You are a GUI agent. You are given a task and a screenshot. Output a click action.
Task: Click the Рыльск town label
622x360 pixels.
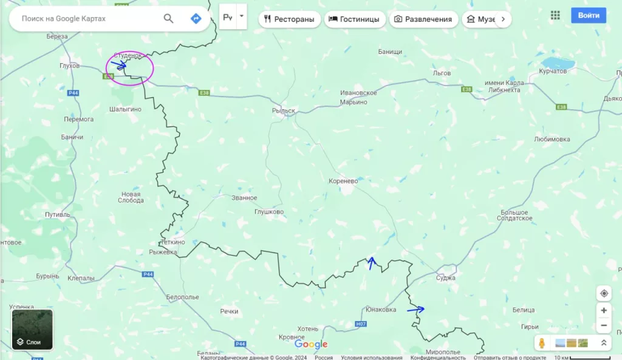point(284,111)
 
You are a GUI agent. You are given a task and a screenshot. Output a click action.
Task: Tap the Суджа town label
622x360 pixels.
point(446,277)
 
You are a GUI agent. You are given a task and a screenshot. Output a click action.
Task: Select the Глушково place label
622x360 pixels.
point(269,212)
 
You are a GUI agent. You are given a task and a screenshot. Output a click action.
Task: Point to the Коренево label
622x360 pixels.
point(343,181)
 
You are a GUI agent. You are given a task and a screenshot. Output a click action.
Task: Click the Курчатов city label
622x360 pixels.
point(553,72)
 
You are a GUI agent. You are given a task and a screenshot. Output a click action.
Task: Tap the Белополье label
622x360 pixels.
point(183,297)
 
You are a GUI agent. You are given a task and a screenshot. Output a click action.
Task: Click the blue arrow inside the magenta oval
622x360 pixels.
point(119,64)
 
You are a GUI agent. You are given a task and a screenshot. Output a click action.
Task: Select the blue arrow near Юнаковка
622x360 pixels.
point(416,310)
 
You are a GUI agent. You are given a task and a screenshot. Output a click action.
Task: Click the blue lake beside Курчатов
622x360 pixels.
point(558,63)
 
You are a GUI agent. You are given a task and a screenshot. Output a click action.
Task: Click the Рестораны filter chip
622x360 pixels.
point(289,19)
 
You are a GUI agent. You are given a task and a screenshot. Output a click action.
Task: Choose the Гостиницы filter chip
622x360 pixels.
point(354,19)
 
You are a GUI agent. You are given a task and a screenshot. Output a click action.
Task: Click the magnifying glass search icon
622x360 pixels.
point(169,18)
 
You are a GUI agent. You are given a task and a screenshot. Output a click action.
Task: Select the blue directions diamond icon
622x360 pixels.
point(196,18)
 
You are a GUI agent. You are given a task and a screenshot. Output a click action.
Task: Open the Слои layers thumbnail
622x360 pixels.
point(32,330)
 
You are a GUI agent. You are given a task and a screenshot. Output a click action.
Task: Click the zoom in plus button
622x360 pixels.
point(603,310)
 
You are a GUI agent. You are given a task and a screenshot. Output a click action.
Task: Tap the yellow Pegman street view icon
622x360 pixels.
point(542,343)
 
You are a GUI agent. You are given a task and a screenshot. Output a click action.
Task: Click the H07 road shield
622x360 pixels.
point(361,324)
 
